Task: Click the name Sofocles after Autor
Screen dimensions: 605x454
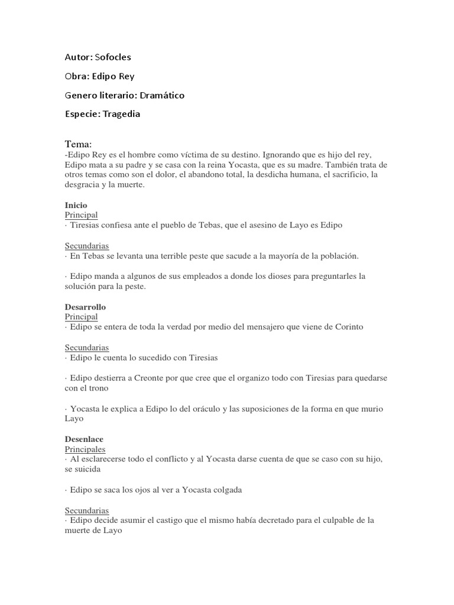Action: (113, 57)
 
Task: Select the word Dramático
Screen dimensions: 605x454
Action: (163, 95)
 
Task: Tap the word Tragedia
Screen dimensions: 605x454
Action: (121, 114)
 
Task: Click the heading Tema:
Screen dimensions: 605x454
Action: (78, 144)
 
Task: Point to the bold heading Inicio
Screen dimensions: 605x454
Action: (76, 206)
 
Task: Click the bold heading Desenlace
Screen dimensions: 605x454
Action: (84, 440)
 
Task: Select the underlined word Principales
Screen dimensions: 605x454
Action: (85, 450)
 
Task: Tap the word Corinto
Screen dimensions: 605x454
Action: (349, 327)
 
